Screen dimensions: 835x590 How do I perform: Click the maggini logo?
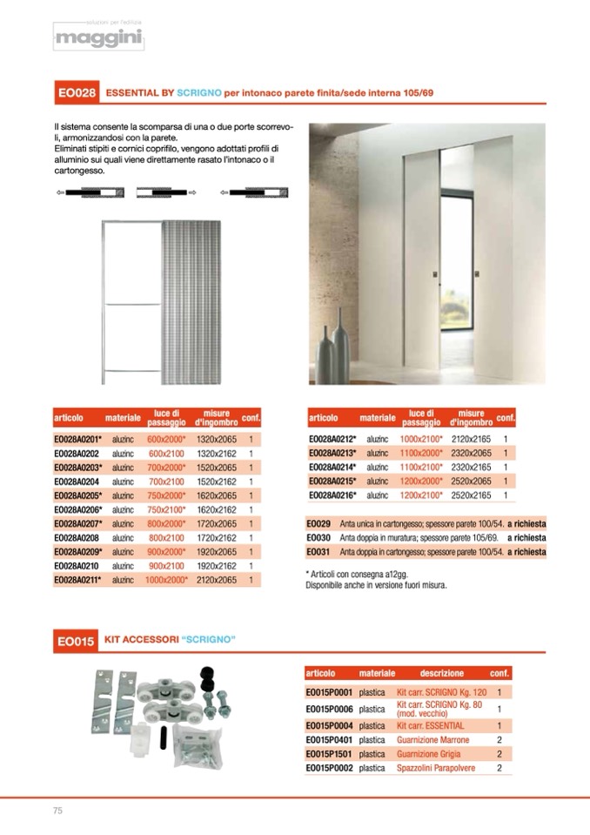coord(97,38)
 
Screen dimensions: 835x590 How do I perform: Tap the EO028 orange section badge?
coord(76,91)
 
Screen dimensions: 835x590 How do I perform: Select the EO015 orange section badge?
coord(76,642)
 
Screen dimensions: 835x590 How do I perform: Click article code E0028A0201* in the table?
coord(78,440)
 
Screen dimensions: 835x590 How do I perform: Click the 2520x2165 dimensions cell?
coord(472,495)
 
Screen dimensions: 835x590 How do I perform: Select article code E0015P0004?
coord(328,725)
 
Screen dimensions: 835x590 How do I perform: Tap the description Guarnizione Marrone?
coord(432,740)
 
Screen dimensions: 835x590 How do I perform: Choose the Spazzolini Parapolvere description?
coord(436,769)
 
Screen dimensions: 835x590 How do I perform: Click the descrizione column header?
coord(442,673)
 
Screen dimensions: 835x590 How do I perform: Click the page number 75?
coord(58,811)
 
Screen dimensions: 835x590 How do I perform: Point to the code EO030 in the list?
coord(318,538)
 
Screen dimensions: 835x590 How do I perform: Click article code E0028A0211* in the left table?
coord(78,579)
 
